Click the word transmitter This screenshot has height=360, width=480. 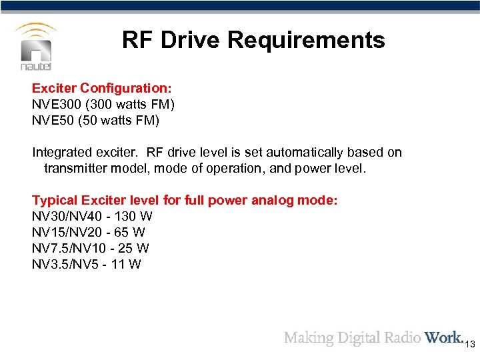coord(75,168)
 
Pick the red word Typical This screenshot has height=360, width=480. coord(56,200)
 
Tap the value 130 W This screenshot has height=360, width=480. coord(133,216)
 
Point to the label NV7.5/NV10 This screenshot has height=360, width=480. coord(69,248)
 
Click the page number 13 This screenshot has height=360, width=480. coord(469,344)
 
